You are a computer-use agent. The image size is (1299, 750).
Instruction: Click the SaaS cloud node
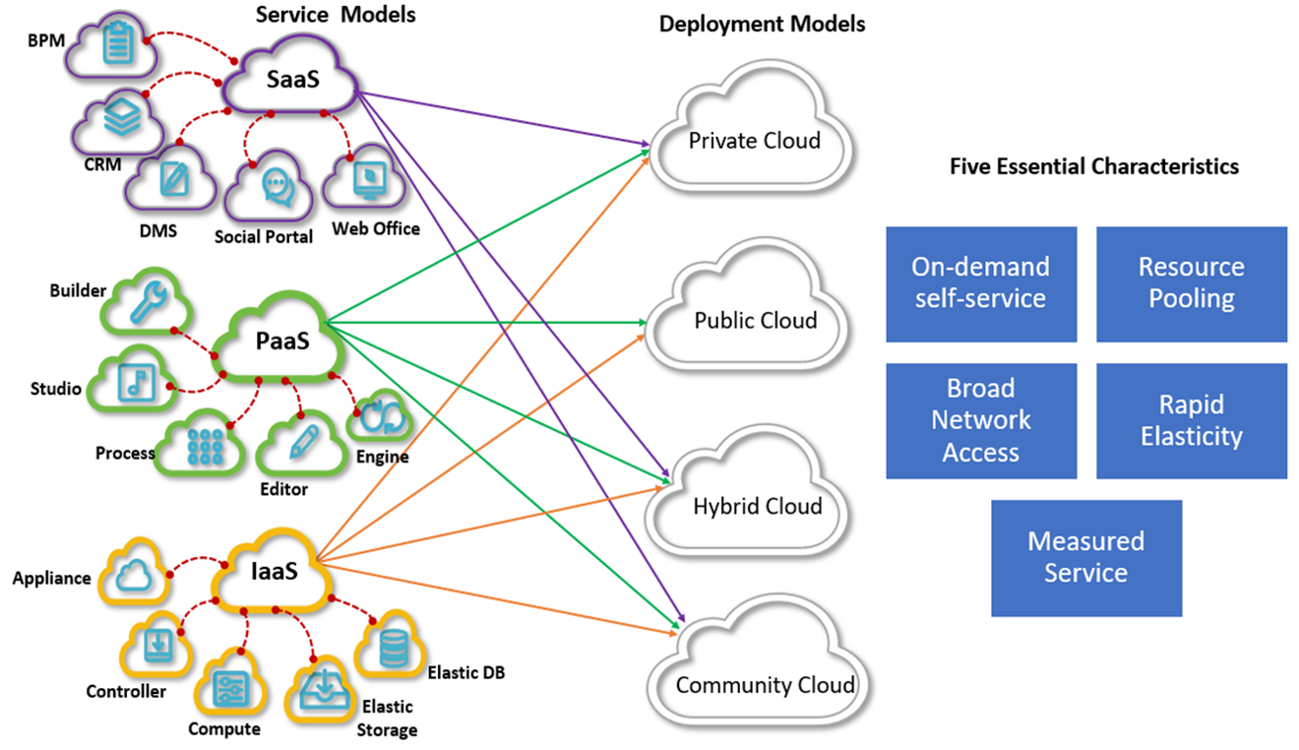click(x=292, y=80)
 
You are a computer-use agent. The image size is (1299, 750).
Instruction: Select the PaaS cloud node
click(x=281, y=341)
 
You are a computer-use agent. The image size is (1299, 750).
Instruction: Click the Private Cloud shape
click(x=754, y=141)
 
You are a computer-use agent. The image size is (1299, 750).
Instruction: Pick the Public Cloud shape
click(x=755, y=320)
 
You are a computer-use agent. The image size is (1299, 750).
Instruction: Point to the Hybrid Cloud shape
click(x=757, y=506)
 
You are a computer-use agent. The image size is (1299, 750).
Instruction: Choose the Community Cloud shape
click(x=765, y=685)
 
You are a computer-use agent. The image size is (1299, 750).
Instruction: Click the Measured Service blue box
click(x=1085, y=557)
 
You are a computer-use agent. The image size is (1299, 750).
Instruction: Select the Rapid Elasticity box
click(x=1191, y=420)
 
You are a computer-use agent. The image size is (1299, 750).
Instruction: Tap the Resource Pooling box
click(x=1191, y=283)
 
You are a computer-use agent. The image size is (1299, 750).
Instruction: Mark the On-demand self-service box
click(x=980, y=283)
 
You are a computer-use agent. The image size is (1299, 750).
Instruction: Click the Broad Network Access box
click(x=980, y=420)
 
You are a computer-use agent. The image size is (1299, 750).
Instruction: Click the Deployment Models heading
click(x=762, y=25)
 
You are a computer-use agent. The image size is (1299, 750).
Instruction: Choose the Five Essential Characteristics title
click(x=1093, y=166)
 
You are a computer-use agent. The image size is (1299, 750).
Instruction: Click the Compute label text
click(x=224, y=729)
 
